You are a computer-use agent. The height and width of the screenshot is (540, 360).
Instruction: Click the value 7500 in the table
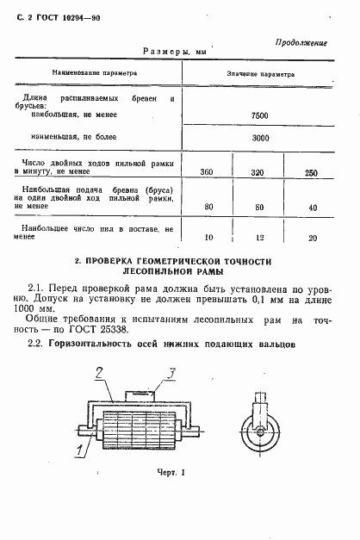[259, 115]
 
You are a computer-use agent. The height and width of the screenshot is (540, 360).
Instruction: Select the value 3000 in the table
[259, 138]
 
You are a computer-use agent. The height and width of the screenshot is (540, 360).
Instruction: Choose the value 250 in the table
[311, 173]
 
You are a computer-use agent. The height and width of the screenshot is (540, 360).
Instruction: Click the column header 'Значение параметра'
[259, 74]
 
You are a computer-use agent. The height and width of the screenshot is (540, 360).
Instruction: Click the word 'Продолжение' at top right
[301, 42]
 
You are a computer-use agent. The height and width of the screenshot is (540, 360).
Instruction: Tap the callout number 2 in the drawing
[101, 373]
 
